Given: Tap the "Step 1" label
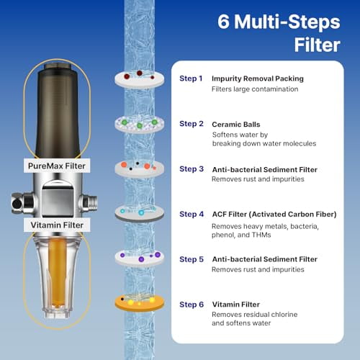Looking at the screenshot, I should coord(191,78).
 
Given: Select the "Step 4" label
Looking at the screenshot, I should coord(191,214).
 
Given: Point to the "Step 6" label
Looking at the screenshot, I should coord(191,305).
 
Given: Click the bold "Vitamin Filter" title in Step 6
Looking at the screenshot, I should coord(236,305).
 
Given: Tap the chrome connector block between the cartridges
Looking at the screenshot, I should coord(61,197).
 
